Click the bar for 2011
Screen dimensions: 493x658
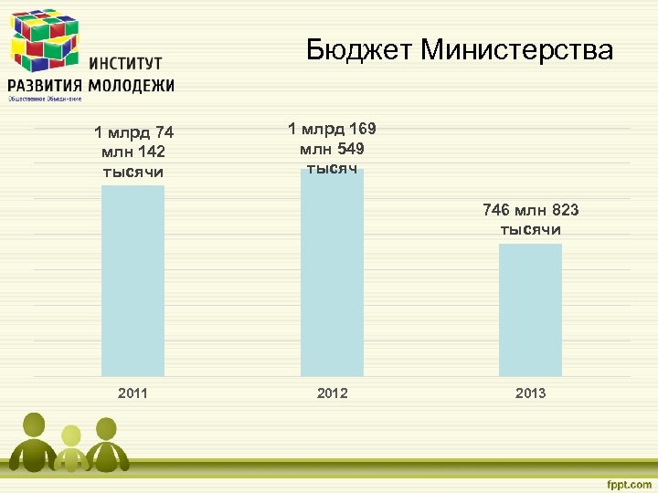tap(133, 280)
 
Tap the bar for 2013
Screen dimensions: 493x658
tap(530, 309)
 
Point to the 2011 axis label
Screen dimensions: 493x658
tap(133, 393)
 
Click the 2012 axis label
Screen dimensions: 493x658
tap(332, 393)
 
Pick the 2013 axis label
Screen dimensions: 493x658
tap(530, 393)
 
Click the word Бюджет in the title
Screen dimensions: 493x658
tap(359, 49)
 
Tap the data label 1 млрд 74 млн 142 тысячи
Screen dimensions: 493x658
tap(133, 152)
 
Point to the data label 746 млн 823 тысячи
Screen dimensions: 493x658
tap(530, 220)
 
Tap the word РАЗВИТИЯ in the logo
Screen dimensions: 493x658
tap(43, 85)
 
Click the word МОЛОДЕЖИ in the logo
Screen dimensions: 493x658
tap(129, 85)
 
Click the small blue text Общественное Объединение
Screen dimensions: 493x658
tap(45, 98)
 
